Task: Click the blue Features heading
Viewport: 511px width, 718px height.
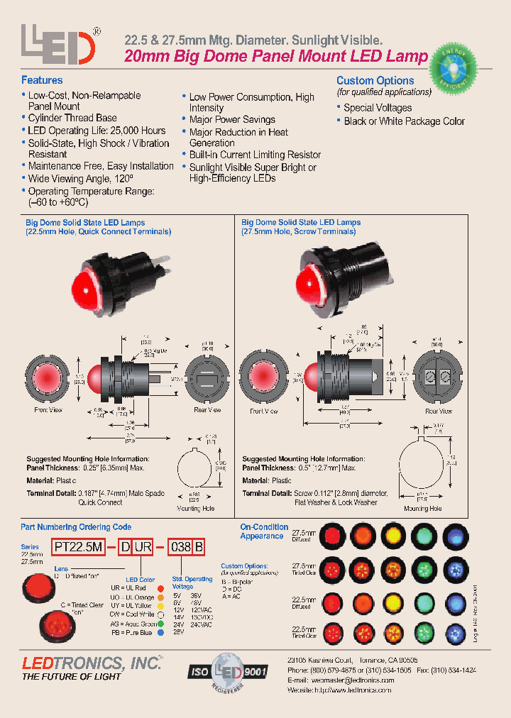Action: [x=42, y=80]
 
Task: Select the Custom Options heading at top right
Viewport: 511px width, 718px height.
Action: [x=375, y=80]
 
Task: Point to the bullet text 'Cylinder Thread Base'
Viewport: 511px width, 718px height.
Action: [x=72, y=118]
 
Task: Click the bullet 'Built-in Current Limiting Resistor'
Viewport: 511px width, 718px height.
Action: [x=255, y=155]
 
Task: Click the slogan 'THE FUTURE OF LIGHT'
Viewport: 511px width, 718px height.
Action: [x=71, y=677]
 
